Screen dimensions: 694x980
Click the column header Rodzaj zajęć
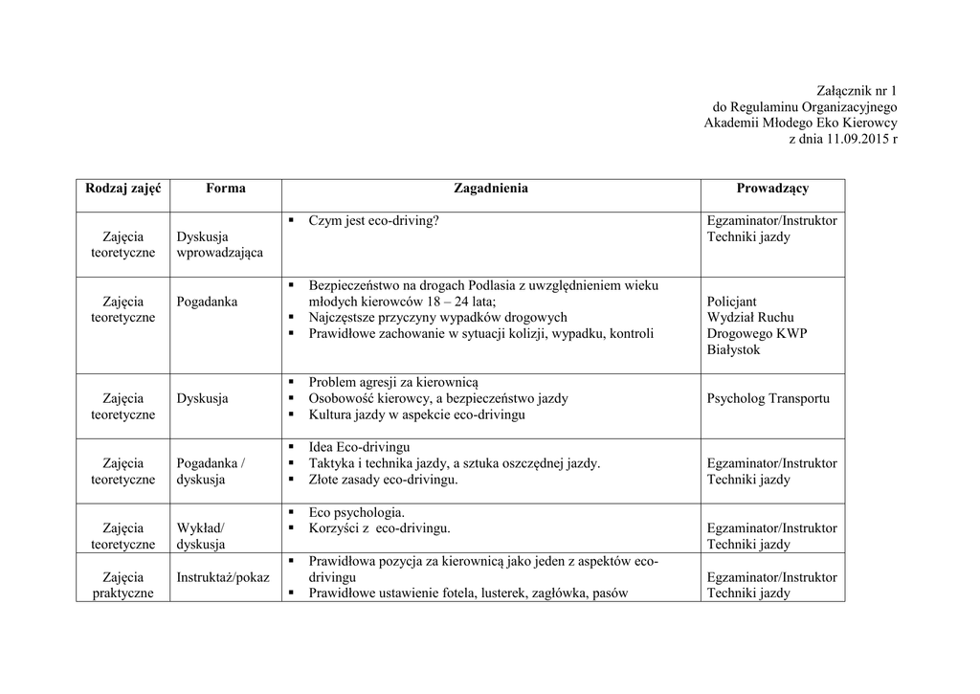[x=123, y=189]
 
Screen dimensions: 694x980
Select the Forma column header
[x=225, y=189]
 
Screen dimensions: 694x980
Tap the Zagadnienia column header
[x=490, y=189]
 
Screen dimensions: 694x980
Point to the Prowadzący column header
[x=772, y=189]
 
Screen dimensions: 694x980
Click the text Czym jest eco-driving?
[x=373, y=221]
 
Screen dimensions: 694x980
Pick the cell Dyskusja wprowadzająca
[x=219, y=245]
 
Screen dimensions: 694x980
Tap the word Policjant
[x=731, y=302]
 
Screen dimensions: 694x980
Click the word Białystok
[x=734, y=350]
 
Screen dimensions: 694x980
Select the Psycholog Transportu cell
[x=768, y=399]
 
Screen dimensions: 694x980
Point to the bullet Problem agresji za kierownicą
[x=399, y=382]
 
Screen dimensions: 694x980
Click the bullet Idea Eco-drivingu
[x=359, y=447]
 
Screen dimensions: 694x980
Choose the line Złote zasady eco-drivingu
[x=383, y=480]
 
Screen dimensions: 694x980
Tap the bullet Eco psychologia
[x=356, y=512]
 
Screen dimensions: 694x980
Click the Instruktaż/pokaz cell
[x=223, y=577]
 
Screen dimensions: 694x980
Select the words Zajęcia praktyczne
[x=123, y=585]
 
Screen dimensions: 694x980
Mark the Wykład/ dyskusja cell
[x=201, y=536]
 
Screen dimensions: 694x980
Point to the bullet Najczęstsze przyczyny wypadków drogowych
[x=437, y=317]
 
